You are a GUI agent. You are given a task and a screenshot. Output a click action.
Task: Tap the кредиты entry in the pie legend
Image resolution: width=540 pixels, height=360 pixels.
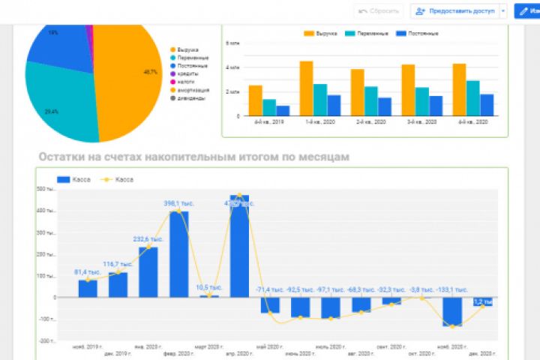(188, 74)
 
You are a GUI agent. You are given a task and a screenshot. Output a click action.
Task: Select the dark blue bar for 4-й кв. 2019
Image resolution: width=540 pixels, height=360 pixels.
(283, 111)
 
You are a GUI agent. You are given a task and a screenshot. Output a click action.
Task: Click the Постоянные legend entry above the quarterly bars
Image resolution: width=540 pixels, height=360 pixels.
(421, 34)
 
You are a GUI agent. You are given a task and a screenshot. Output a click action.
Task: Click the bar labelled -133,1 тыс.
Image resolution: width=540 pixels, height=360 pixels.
(451, 311)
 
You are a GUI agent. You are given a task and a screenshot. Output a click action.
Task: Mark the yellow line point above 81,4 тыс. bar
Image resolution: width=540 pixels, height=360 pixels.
(88, 280)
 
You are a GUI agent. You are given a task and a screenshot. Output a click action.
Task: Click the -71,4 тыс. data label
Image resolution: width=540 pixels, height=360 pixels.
(271, 289)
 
